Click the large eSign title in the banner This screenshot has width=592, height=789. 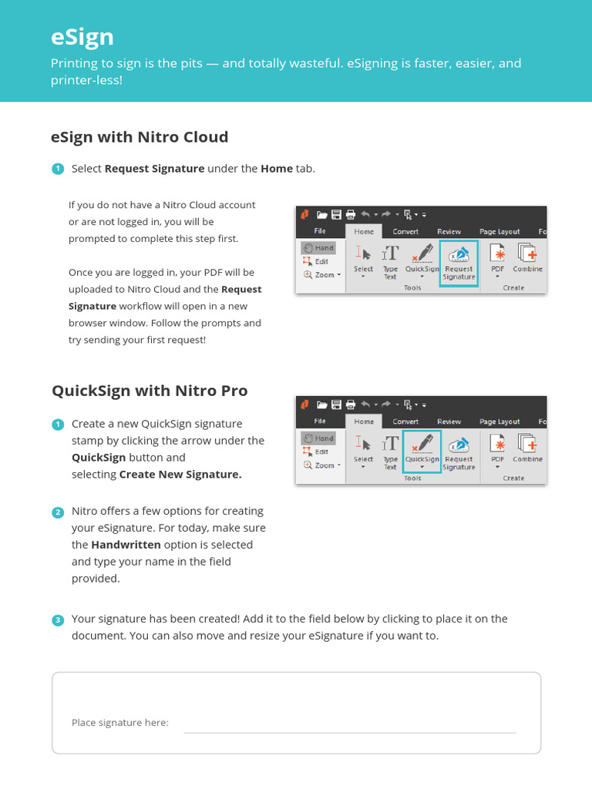pyautogui.click(x=82, y=37)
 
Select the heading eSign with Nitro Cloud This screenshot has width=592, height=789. pyautogui.click(x=140, y=137)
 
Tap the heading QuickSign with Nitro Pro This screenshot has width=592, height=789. pyautogui.click(x=150, y=391)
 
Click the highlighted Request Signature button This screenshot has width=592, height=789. pyautogui.click(x=459, y=263)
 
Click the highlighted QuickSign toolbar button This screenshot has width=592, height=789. pyautogui.click(x=422, y=452)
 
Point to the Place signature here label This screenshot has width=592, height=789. pyautogui.click(x=119, y=723)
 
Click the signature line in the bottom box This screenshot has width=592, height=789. pyautogui.click(x=349, y=730)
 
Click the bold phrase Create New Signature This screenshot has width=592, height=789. pyautogui.click(x=180, y=475)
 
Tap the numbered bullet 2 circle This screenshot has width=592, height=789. pyautogui.click(x=58, y=512)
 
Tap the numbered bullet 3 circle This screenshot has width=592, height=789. pyautogui.click(x=58, y=619)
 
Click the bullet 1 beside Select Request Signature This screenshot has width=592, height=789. pyautogui.click(x=58, y=169)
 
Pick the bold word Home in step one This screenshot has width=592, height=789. pyautogui.click(x=276, y=169)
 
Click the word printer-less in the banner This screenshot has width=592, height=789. pyautogui.click(x=86, y=79)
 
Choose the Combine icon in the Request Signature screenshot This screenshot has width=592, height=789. pyautogui.click(x=528, y=258)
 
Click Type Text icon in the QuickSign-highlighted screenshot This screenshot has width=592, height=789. pyautogui.click(x=391, y=451)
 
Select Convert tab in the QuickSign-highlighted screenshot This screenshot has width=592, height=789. pyautogui.click(x=405, y=421)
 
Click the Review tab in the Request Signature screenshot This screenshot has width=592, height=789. pyautogui.click(x=449, y=231)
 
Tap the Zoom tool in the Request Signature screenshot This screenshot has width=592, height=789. pyautogui.click(x=322, y=275)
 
